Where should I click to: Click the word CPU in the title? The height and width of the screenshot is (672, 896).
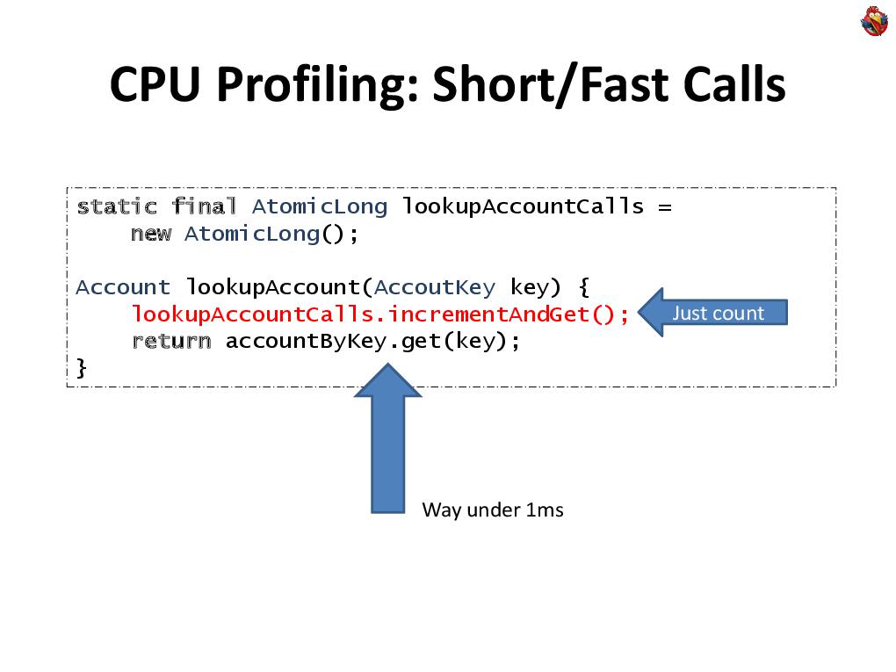coord(155,84)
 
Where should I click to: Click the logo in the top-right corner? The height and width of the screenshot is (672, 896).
coord(874,21)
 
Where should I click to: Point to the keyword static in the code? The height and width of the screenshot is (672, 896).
coord(117,206)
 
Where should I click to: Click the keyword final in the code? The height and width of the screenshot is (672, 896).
coord(204,206)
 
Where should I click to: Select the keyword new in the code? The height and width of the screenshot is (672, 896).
coord(151,234)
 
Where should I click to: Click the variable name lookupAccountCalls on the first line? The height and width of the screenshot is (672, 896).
coord(523,206)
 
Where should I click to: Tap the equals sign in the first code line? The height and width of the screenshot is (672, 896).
coord(665,206)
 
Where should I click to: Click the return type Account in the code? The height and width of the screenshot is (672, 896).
coord(123,287)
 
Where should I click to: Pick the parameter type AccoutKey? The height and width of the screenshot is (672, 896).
coord(434,287)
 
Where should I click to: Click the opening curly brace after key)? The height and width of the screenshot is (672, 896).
coord(584,287)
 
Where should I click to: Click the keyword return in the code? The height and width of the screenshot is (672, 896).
coord(171,341)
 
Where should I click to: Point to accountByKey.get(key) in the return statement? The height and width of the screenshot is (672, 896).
coord(366,341)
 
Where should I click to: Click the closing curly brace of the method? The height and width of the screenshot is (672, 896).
coord(82,368)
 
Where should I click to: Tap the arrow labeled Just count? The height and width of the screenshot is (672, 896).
coord(712,313)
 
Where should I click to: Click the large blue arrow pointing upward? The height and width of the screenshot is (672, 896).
coord(388,438)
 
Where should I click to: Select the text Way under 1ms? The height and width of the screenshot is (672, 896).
coord(493,509)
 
